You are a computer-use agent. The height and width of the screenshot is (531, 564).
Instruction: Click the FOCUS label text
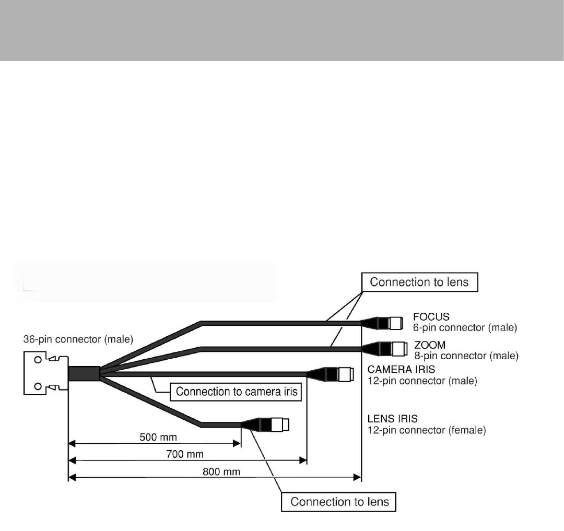pyautogui.click(x=432, y=317)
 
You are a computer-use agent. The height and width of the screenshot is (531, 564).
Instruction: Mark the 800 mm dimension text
pyautogui.click(x=214, y=471)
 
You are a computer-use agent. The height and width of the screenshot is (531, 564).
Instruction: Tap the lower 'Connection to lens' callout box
pyautogui.click(x=340, y=502)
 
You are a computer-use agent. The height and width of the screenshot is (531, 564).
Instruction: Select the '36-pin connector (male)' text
pyautogui.click(x=78, y=339)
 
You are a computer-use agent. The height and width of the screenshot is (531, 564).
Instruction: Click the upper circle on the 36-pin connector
pyautogui.click(x=37, y=360)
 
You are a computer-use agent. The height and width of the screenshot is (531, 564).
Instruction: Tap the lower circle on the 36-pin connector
pyautogui.click(x=37, y=386)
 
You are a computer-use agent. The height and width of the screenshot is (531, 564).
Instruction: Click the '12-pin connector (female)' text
pyautogui.click(x=427, y=431)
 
